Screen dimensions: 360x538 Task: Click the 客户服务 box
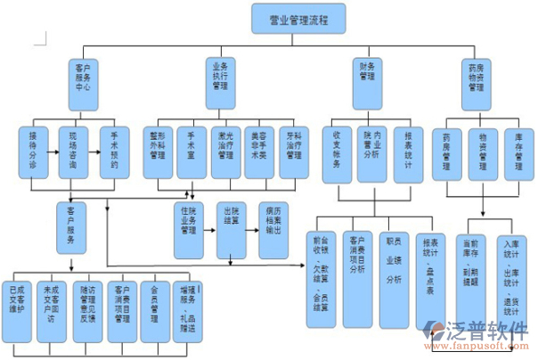(70, 228)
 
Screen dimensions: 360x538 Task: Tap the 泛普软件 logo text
(491, 331)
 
